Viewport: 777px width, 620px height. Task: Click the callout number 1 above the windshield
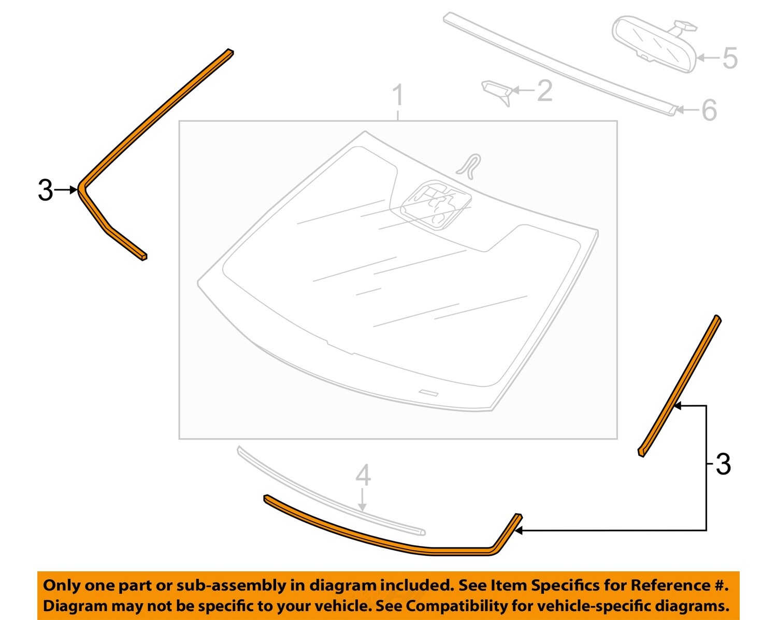(397, 96)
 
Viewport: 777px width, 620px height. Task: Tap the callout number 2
(544, 91)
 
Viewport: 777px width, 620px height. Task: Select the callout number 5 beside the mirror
(730, 58)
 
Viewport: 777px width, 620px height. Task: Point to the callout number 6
(709, 110)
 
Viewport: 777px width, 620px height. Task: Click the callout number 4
(363, 475)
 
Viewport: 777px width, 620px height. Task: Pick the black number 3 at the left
(45, 191)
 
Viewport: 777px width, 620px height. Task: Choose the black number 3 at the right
(723, 464)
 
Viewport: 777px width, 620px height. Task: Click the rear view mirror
(654, 46)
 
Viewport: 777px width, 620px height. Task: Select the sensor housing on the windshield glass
(436, 204)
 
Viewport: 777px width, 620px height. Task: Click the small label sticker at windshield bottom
(428, 392)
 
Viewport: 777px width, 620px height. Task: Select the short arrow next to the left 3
(66, 190)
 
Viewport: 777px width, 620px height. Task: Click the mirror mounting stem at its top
(685, 24)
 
